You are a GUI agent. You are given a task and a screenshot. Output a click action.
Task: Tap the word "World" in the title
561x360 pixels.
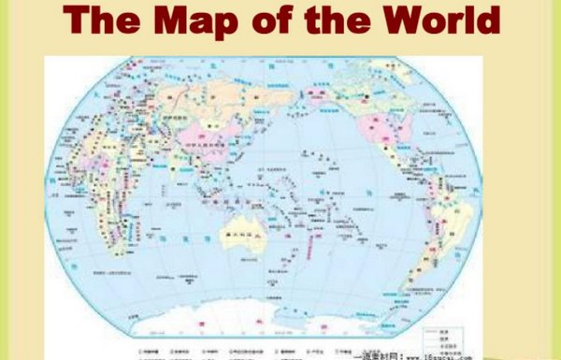440,20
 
